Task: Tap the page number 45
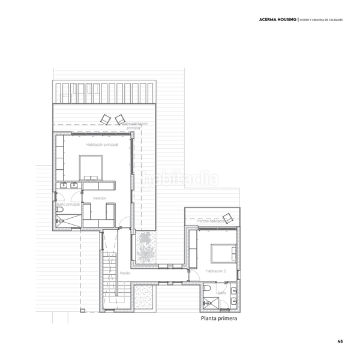pos(340,341)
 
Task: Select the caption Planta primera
pos(220,319)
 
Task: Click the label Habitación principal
pos(102,145)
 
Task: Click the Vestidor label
pos(100,197)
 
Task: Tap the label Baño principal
pos(68,204)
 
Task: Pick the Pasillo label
pos(125,272)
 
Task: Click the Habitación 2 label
pos(215,271)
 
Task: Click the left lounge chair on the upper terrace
pos(106,118)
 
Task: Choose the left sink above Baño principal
pos(64,185)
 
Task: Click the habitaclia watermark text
pos(180,179)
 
